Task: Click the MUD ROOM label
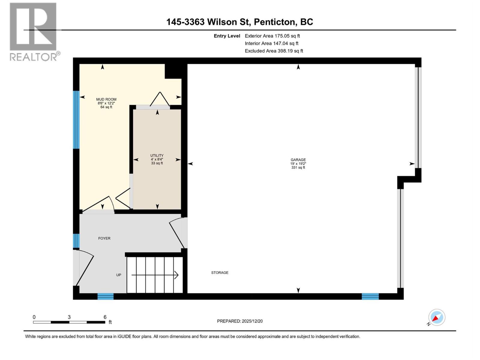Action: point(106,99)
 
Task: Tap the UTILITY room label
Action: point(157,155)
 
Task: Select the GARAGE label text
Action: point(298,160)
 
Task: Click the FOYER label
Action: point(104,238)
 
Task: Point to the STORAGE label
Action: point(220,273)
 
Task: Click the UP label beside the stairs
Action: point(119,275)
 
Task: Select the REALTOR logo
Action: point(34,31)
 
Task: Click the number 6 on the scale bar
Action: point(105,317)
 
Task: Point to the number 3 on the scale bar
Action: point(69,317)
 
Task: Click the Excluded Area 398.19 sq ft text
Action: point(274,51)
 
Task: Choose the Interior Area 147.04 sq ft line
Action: point(271,43)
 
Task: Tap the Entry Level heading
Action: point(227,36)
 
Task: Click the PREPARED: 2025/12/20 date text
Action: point(240,321)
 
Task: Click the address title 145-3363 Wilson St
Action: point(239,22)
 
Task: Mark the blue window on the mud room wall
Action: point(76,120)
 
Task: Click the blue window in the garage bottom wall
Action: point(370,296)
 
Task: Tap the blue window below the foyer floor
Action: point(106,296)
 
